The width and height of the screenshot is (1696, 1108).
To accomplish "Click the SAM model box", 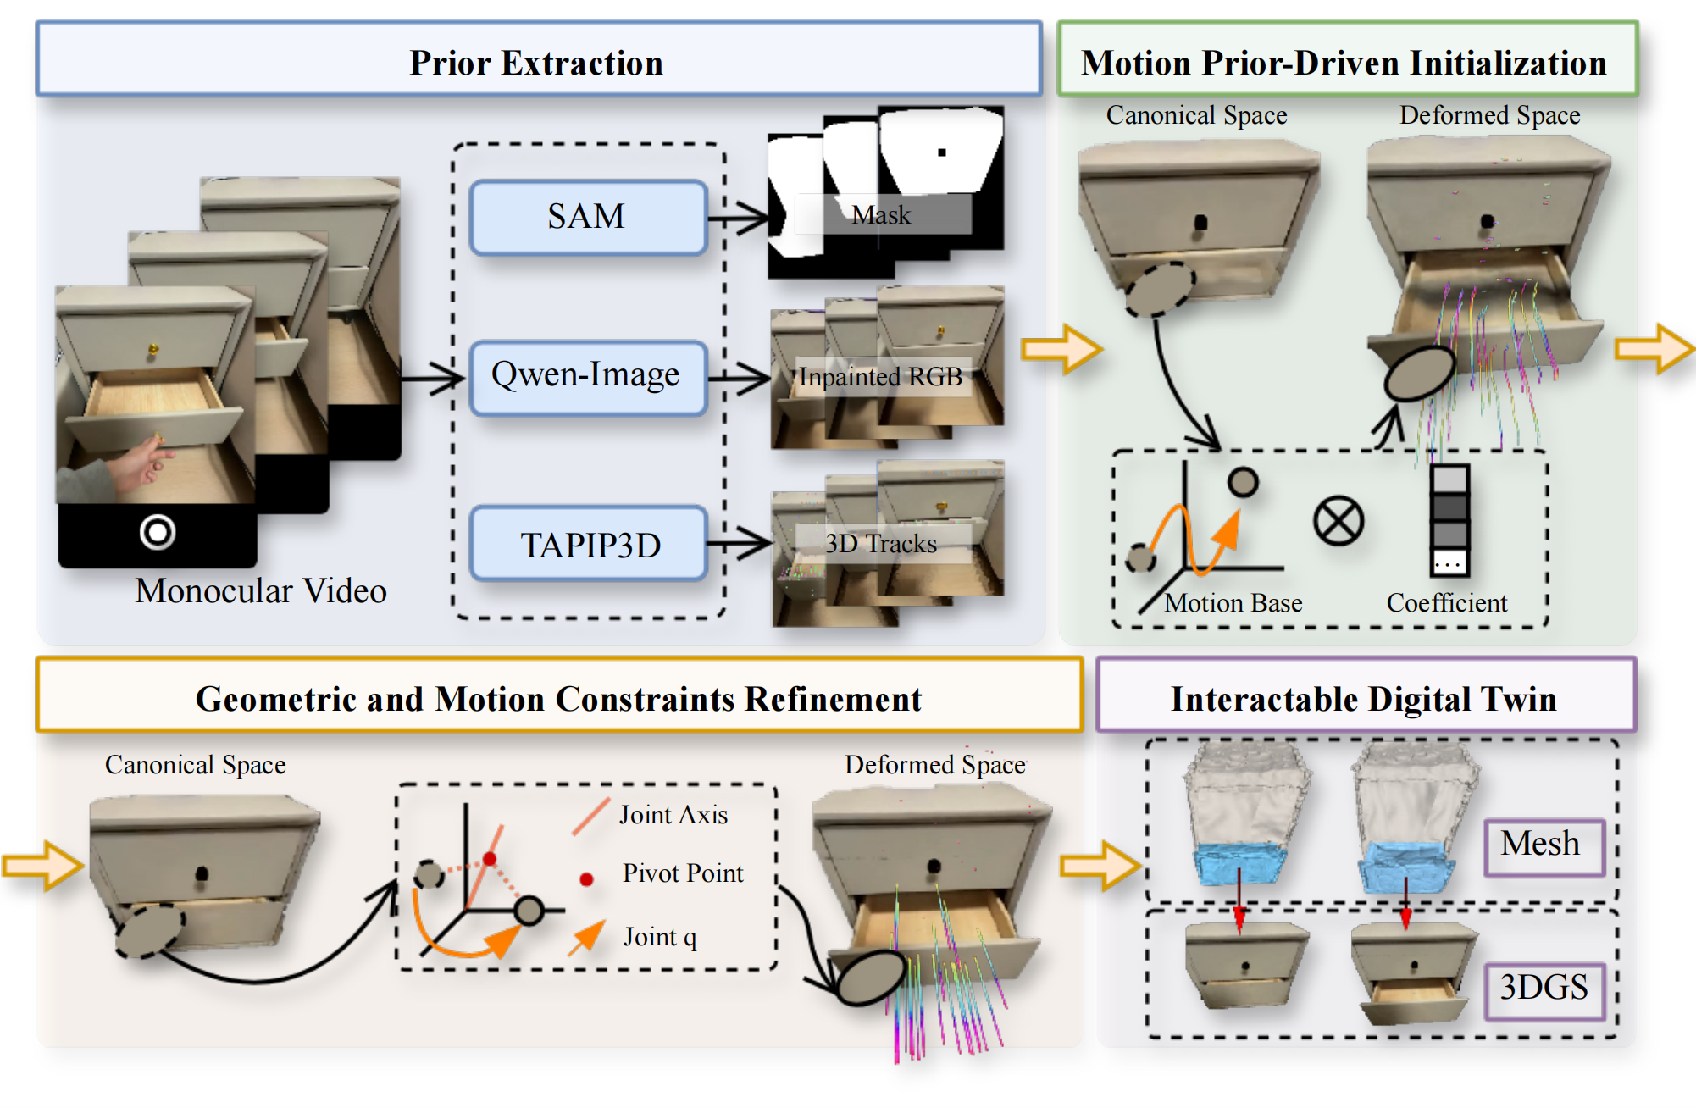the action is (x=588, y=217).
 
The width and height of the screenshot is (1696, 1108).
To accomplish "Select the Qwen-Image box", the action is (x=588, y=377).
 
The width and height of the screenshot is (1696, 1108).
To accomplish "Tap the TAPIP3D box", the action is (x=588, y=543).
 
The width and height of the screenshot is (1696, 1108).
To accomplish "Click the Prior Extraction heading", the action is (x=536, y=63).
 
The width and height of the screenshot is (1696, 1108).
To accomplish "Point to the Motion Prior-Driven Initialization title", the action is (x=1344, y=63).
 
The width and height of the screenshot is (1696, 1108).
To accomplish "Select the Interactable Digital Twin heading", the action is (x=1364, y=699).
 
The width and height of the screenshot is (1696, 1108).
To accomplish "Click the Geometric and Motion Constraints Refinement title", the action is (x=558, y=699).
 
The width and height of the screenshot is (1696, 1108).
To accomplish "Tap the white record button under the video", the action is (x=158, y=532).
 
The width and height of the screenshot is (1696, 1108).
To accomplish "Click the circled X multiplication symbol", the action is (x=1339, y=520).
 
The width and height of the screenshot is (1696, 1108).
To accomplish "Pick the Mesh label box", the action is (x=1544, y=846).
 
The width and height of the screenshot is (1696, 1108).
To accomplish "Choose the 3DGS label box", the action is (x=1544, y=990).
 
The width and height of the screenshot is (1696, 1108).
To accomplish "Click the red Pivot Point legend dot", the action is (x=586, y=878).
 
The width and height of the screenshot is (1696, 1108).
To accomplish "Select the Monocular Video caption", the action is (x=261, y=590).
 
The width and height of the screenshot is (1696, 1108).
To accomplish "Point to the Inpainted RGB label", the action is (x=881, y=376).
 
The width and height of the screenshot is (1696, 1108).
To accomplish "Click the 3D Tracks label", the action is (x=881, y=543).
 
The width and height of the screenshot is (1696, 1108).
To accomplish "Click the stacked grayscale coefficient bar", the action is (x=1449, y=520).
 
